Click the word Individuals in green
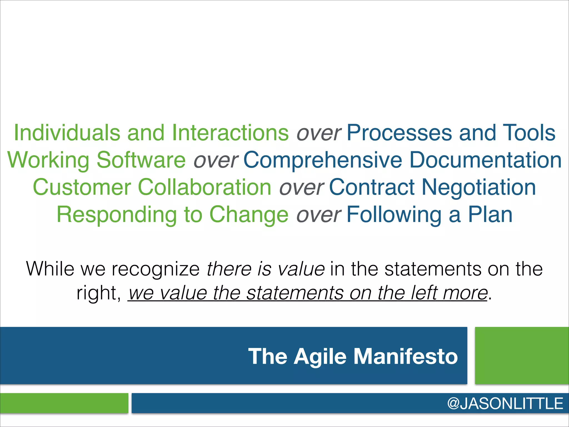67,133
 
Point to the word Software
141,160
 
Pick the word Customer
82,187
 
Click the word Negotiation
479,187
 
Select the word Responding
117,215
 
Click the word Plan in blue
490,214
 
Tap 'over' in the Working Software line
216,160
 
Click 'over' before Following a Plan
318,215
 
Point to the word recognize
156,269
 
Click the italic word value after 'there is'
301,269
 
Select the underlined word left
424,293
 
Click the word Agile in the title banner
320,357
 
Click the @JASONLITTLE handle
505,403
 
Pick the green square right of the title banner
522,356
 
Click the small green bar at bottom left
64,403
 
